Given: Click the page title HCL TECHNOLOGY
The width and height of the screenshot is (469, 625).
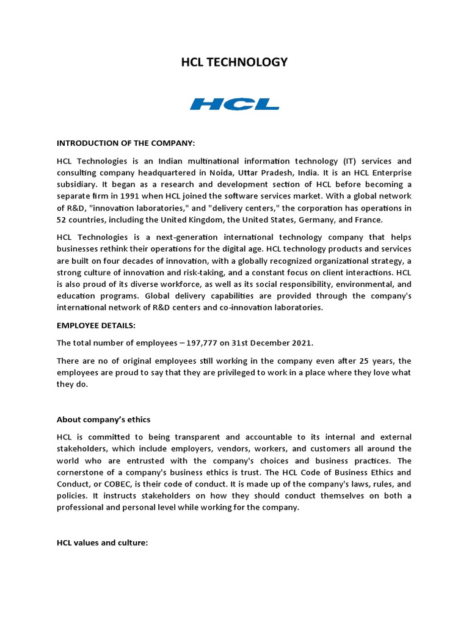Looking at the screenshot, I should click(x=234, y=62).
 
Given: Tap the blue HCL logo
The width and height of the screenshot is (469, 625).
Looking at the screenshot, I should click(x=234, y=104).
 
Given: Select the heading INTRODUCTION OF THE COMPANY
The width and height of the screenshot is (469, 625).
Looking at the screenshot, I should click(x=126, y=143).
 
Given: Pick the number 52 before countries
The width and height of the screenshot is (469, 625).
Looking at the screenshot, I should click(x=62, y=219).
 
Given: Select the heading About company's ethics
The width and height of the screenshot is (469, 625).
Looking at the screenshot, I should click(x=103, y=419).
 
